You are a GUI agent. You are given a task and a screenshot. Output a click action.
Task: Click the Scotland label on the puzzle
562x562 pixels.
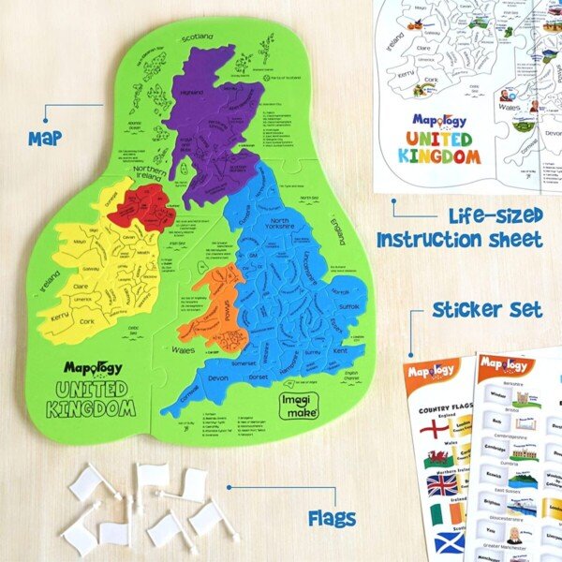tap(199, 37)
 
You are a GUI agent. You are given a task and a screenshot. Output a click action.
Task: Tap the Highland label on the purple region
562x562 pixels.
tap(191, 93)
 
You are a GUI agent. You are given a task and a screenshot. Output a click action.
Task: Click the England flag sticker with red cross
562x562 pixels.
tap(436, 429)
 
